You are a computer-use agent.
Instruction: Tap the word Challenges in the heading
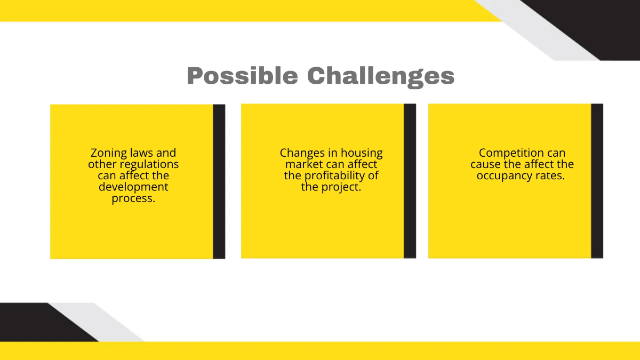pyautogui.click(x=381, y=76)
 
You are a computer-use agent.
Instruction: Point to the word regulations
pyautogui.click(x=149, y=164)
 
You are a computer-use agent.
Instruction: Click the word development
pyautogui.click(x=133, y=187)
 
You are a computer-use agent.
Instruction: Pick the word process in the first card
pyautogui.click(x=132, y=198)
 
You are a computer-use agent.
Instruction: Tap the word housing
pyautogui.click(x=362, y=153)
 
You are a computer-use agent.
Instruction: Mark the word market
pyautogui.click(x=304, y=164)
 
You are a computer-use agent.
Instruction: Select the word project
pyautogui.click(x=340, y=187)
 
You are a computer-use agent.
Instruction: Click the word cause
pyautogui.click(x=485, y=164)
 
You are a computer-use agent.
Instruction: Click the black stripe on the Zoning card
pyautogui.click(x=219, y=181)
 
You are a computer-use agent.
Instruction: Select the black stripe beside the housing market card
pyautogui.click(x=410, y=181)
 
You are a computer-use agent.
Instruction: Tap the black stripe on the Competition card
pyautogui.click(x=597, y=181)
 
